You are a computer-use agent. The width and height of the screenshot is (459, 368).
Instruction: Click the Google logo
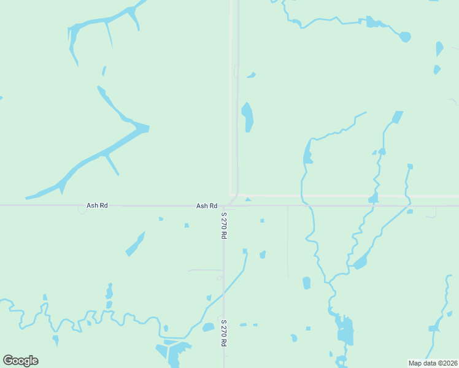click(x=20, y=361)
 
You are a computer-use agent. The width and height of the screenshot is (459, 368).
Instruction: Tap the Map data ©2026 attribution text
click(x=433, y=363)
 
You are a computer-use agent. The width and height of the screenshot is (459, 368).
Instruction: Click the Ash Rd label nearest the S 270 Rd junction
click(x=207, y=206)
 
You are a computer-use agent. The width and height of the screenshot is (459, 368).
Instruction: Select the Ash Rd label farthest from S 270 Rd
click(x=97, y=205)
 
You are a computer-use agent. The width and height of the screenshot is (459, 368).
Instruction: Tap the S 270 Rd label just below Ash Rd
click(x=225, y=225)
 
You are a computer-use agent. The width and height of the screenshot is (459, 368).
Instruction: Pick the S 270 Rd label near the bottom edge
click(x=225, y=333)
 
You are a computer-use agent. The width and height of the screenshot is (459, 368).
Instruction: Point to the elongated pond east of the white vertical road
click(x=248, y=117)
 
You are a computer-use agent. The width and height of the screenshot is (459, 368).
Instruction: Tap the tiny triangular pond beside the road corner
click(x=248, y=199)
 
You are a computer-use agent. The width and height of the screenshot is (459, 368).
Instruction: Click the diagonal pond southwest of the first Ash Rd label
click(x=135, y=244)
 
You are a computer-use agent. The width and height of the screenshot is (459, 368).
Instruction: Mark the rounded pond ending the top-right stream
click(x=405, y=37)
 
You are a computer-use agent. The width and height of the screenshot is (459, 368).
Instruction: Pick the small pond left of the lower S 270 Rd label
click(x=208, y=328)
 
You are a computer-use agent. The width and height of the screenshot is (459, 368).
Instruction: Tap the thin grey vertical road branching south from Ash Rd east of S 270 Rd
click(x=288, y=242)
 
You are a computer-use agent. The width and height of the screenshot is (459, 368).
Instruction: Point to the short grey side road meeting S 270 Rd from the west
click(x=206, y=269)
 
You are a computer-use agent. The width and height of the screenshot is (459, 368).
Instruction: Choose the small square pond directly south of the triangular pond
click(x=262, y=221)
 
